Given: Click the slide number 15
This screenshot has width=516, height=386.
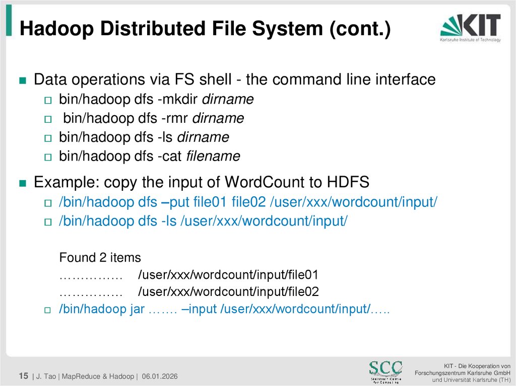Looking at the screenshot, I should (23, 376).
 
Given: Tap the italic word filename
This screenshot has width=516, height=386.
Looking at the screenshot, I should (213, 157).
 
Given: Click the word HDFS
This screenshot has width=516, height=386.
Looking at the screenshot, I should (349, 182).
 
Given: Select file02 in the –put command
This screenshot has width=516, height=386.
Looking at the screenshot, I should (248, 202).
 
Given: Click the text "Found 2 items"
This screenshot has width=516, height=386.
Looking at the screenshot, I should (100, 258).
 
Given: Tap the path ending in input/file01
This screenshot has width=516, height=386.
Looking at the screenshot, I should (228, 275).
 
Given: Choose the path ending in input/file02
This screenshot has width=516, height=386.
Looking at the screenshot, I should (228, 292).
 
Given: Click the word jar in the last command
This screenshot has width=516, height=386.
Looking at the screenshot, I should (136, 309).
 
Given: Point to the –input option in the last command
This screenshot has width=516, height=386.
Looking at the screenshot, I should (199, 309).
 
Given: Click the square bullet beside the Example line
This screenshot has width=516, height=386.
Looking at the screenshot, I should (22, 183).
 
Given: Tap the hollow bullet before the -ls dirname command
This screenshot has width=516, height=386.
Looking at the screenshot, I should (48, 138).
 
